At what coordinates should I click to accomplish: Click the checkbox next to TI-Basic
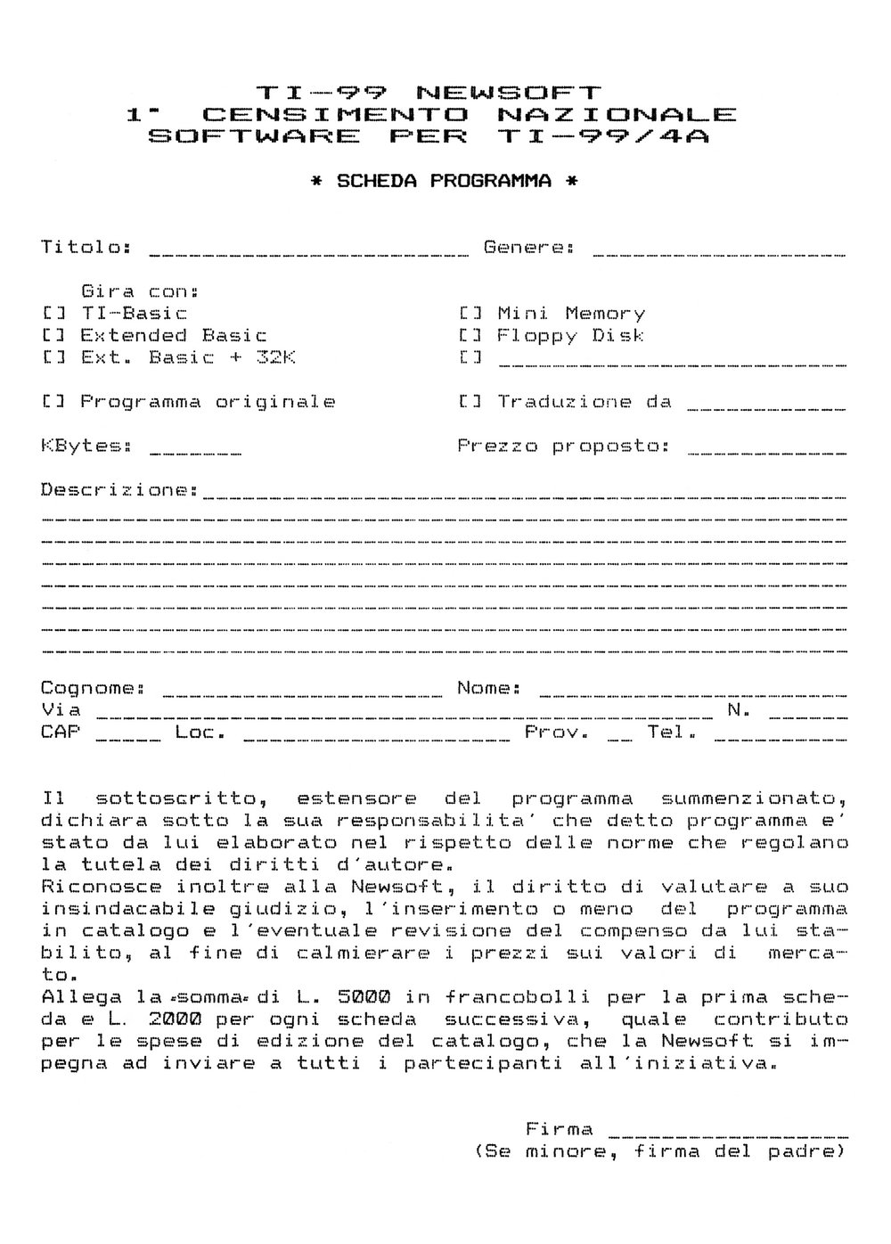pyautogui.click(x=52, y=314)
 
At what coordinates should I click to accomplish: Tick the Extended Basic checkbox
pyautogui.click(x=52, y=336)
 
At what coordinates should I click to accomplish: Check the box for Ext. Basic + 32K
pyautogui.click(x=52, y=358)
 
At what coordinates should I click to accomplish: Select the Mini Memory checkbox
pyautogui.click(x=470, y=314)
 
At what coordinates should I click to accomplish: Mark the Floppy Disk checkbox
pyautogui.click(x=470, y=336)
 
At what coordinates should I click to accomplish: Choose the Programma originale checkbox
pyautogui.click(x=52, y=402)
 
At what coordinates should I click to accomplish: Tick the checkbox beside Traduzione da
pyautogui.click(x=470, y=402)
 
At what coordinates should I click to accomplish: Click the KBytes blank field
pyautogui.click(x=196, y=453)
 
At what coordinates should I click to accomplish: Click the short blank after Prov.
pyautogui.click(x=620, y=739)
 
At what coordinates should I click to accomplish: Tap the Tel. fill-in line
pyautogui.click(x=780, y=739)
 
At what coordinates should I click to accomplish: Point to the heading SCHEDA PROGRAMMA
pyautogui.click(x=444, y=181)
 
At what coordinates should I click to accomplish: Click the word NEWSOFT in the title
pyautogui.click(x=509, y=92)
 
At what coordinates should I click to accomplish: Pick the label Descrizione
pyautogui.click(x=119, y=490)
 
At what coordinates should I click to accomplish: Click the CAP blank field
pyautogui.click(x=128, y=739)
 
